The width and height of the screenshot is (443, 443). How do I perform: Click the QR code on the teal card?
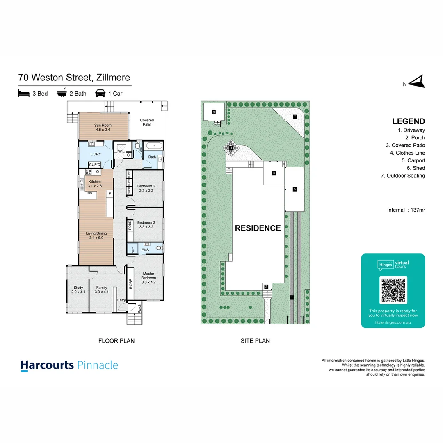point(394,290)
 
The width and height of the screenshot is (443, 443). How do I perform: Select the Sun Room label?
point(103,127)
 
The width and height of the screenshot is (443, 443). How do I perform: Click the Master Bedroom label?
point(148,278)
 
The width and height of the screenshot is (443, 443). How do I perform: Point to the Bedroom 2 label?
point(146,188)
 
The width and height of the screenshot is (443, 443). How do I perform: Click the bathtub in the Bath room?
point(154,146)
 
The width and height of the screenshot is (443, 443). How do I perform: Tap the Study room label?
point(78,290)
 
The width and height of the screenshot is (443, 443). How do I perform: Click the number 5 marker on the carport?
point(295,190)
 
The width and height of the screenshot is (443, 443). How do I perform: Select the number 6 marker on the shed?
point(214,112)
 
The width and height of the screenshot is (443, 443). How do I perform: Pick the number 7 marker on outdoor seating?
point(295,117)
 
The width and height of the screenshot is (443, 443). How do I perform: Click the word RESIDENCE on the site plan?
point(258,228)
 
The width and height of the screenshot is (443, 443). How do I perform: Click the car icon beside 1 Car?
point(100,93)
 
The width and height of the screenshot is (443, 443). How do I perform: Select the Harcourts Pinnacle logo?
point(69,365)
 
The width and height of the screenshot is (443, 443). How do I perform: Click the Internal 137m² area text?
point(406,210)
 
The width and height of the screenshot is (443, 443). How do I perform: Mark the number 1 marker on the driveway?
point(291,297)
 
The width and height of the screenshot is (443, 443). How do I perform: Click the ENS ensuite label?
point(145,249)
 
